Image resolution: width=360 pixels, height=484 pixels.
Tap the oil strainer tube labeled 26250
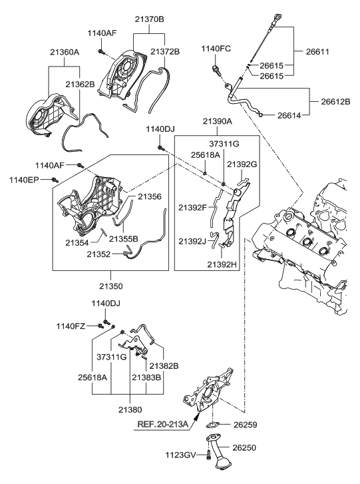click(x=220, y=459)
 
